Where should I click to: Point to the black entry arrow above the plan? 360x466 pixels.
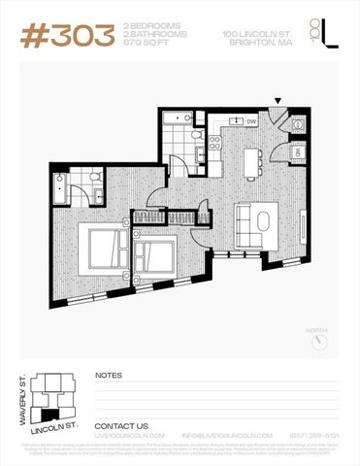pyautogui.click(x=278, y=101)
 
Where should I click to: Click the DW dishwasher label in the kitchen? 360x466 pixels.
pyautogui.click(x=250, y=121)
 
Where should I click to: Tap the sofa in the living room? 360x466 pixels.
pyautogui.click(x=256, y=222)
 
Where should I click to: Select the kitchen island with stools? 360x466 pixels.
pyautogui.click(x=255, y=159)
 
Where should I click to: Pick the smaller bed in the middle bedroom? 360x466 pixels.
pyautogui.click(x=154, y=257)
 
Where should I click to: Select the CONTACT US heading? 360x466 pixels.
pyautogui.click(x=121, y=426)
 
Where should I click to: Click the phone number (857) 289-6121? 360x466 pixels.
pyautogui.click(x=312, y=437)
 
